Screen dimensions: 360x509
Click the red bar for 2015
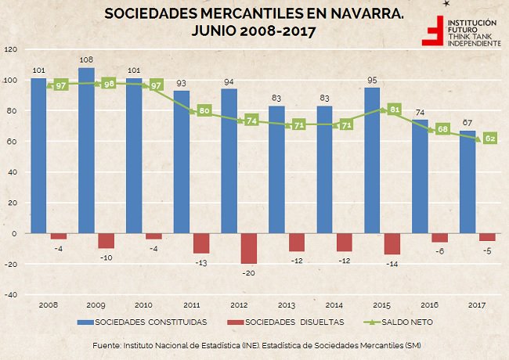[x=392, y=243]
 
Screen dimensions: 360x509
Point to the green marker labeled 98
[x=109, y=83]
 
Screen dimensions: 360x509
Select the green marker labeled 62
[x=490, y=138]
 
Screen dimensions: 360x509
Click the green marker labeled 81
[x=395, y=110]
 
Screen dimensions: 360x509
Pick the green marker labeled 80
[x=204, y=110]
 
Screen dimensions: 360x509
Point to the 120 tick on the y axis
[x=11, y=49]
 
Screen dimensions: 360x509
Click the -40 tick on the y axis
[x=11, y=295]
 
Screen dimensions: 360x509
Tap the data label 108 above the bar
[x=86, y=59]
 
